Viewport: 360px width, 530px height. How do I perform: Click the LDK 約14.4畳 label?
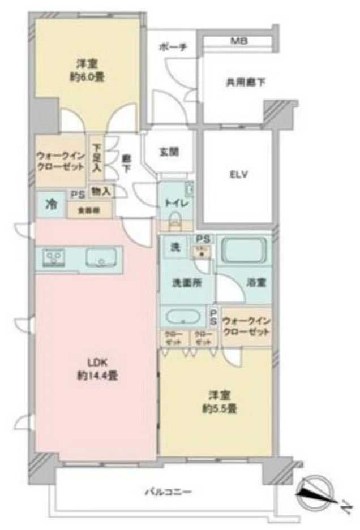[x=93, y=368]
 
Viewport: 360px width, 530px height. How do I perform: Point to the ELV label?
[x=238, y=175]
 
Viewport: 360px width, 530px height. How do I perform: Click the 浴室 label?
[x=256, y=282]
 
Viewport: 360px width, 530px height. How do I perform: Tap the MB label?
[x=238, y=41]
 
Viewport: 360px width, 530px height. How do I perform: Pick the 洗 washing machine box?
[x=175, y=247]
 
